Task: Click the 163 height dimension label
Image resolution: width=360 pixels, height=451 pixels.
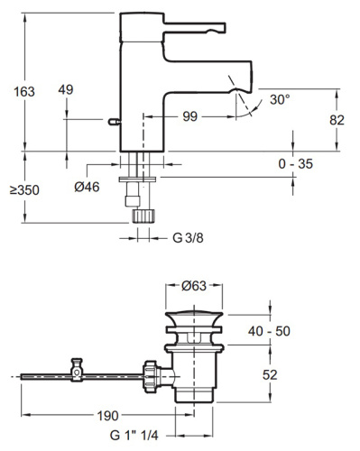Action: (24, 92)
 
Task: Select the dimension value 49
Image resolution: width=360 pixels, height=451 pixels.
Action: (66, 89)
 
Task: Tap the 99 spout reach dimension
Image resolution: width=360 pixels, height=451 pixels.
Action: (190, 116)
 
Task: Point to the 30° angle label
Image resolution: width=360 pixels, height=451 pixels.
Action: (280, 99)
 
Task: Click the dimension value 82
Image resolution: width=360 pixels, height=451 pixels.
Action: (337, 120)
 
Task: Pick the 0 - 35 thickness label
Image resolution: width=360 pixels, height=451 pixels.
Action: (296, 164)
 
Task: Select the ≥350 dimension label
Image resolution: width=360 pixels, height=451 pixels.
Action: (24, 190)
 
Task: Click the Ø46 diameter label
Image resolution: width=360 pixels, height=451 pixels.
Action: (87, 187)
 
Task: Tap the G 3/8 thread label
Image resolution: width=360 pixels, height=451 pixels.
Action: (188, 238)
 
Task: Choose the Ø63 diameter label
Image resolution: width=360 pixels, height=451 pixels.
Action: (194, 286)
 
